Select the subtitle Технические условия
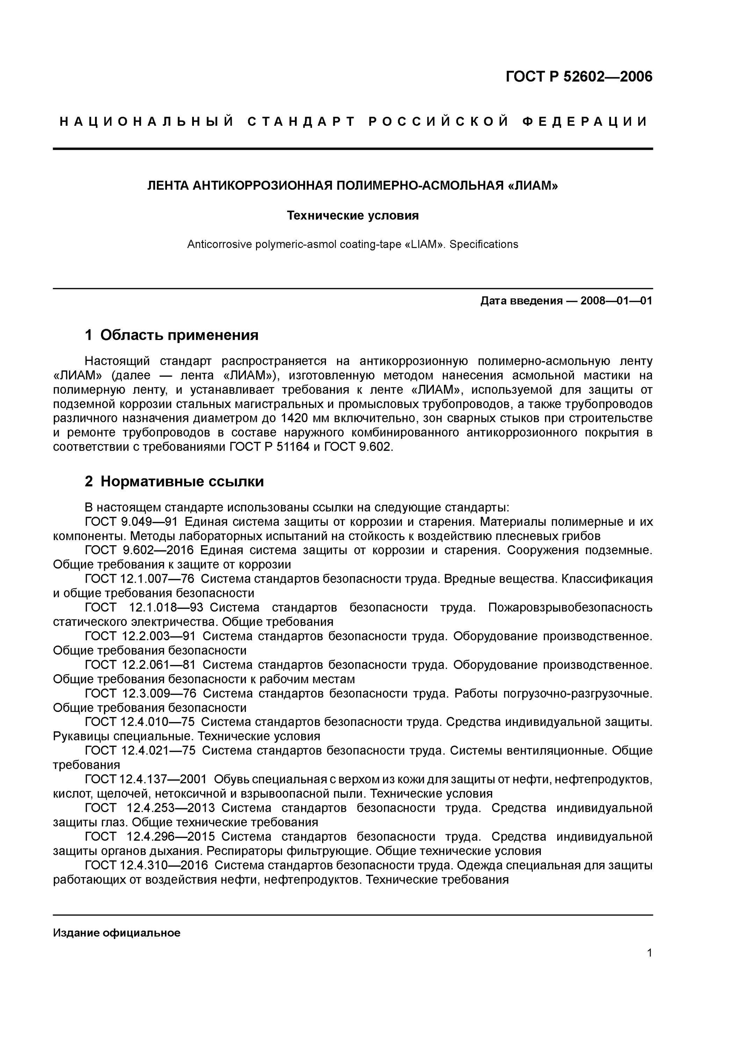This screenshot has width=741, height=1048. tap(353, 216)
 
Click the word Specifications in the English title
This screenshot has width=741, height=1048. tap(484, 244)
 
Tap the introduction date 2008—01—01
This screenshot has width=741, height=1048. tap(616, 301)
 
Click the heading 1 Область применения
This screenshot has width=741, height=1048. tap(172, 335)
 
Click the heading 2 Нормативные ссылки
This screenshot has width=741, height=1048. tap(174, 481)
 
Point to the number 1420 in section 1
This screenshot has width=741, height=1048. tap(295, 418)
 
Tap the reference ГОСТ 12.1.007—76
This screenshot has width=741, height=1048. tap(139, 579)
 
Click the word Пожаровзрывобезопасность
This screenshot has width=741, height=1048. tap(570, 607)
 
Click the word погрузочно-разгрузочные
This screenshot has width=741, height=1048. tap(577, 693)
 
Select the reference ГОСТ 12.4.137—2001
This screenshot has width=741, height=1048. tap(146, 779)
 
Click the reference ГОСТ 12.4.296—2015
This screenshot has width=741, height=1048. tap(150, 837)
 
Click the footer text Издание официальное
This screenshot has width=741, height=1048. tap(116, 932)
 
